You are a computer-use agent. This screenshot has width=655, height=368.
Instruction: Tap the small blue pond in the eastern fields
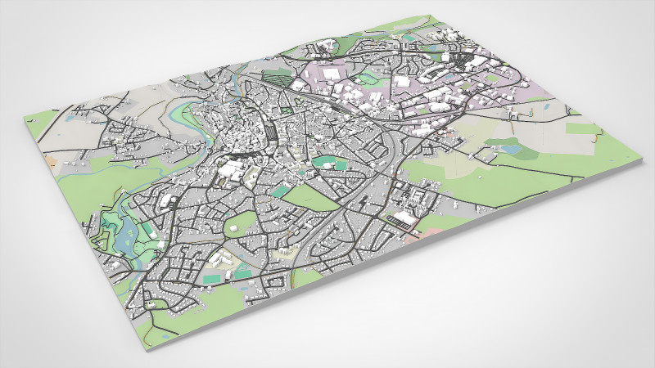coord(512,150)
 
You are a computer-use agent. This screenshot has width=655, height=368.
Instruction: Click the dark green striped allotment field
coord(278,81)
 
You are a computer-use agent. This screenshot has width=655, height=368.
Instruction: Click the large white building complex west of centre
coord(232,171)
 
